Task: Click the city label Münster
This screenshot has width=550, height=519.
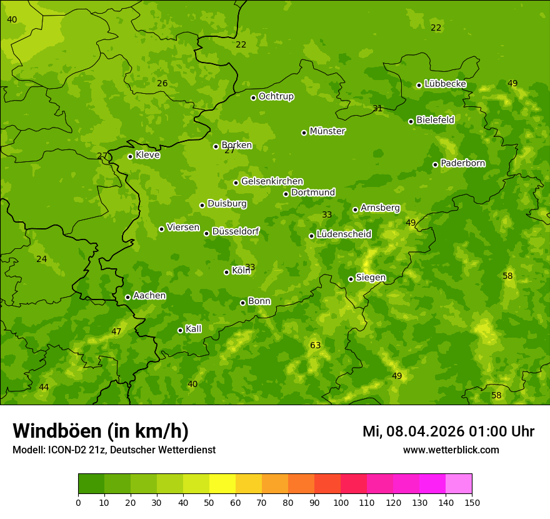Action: tap(327, 131)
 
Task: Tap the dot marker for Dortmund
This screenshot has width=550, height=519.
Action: tap(286, 194)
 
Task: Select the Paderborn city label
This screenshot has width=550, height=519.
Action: tap(462, 163)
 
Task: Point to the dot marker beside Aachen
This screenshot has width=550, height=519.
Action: tap(128, 297)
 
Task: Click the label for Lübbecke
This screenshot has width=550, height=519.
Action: tap(445, 84)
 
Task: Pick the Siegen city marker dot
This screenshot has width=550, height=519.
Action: tap(351, 279)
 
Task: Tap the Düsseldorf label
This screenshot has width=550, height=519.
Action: tap(235, 231)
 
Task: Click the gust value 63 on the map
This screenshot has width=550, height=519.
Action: tap(315, 345)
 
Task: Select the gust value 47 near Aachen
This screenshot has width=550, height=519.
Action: tap(116, 331)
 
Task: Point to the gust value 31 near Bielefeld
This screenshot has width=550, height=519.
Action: tap(377, 108)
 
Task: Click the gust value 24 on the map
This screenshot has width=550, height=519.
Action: tap(41, 259)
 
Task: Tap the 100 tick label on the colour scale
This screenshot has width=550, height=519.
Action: tap(341, 502)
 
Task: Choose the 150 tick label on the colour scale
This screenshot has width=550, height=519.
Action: tap(472, 502)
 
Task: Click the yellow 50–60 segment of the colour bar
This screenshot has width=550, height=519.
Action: tap(222, 484)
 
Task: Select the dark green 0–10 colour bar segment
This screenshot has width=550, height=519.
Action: tap(91, 484)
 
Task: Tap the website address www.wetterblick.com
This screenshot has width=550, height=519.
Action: tap(451, 450)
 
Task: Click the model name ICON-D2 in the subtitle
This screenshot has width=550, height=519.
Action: tap(65, 450)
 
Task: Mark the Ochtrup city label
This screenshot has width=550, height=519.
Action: tap(276, 96)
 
